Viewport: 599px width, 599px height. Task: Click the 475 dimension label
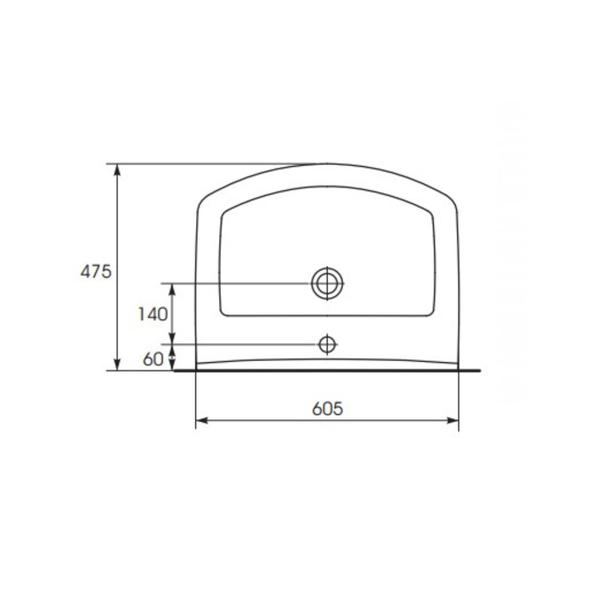96,271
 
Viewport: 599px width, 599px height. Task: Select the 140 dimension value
152,314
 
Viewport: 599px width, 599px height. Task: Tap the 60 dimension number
153,359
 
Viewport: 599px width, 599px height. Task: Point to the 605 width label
328,409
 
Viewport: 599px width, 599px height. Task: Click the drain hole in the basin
327,283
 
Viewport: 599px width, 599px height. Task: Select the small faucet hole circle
327,345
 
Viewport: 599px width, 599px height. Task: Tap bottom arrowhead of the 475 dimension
117,364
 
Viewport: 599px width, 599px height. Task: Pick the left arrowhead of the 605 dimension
202,421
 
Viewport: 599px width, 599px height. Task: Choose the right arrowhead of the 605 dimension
453,421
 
